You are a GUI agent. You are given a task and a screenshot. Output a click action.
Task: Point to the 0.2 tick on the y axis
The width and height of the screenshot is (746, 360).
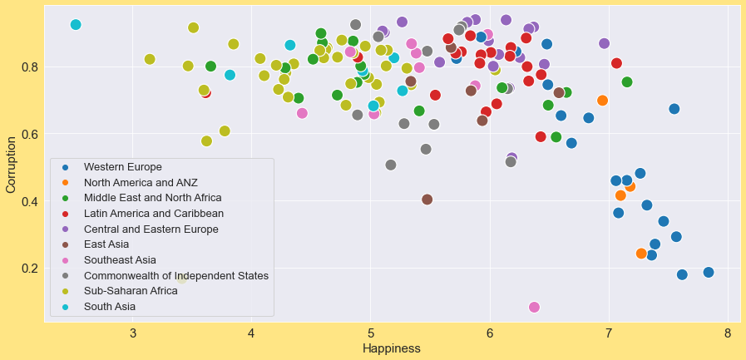click(29, 269)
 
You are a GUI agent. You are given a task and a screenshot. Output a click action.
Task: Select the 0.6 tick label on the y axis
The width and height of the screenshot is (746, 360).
click(29, 134)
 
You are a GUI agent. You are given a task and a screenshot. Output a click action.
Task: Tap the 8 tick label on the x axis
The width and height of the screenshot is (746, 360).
click(728, 334)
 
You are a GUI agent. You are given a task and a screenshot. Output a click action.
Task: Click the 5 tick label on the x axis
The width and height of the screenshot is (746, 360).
click(371, 334)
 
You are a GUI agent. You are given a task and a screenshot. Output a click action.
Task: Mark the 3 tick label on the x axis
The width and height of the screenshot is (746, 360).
click(133, 334)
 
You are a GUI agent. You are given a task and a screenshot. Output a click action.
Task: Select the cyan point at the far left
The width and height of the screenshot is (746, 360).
click(76, 25)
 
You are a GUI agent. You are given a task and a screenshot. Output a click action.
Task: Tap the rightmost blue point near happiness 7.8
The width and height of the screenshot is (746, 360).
click(709, 273)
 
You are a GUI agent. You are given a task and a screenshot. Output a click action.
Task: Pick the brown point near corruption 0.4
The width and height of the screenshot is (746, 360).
click(427, 200)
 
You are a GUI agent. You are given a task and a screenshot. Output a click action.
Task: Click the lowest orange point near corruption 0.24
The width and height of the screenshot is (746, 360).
click(641, 254)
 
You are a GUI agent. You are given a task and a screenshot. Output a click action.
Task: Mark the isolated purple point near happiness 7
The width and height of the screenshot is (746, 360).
click(604, 43)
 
